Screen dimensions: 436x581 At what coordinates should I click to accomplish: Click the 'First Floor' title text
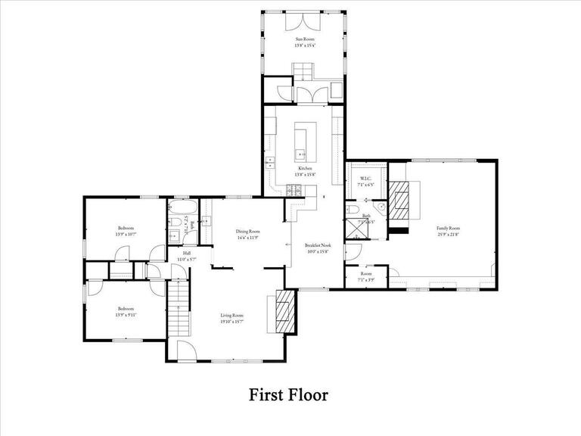(x=288, y=395)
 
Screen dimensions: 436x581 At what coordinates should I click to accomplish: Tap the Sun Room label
(x=304, y=42)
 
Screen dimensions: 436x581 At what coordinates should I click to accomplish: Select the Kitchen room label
(x=305, y=171)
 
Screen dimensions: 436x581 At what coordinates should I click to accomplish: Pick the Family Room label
(x=448, y=231)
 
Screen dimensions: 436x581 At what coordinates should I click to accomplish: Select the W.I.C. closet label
(x=365, y=181)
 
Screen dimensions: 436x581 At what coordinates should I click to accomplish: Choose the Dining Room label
(x=248, y=234)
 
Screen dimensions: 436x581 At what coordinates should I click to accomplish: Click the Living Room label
(x=231, y=318)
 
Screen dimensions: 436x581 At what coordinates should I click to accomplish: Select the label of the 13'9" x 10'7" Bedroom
(x=126, y=230)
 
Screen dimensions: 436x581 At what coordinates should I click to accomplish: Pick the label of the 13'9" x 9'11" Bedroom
(x=126, y=311)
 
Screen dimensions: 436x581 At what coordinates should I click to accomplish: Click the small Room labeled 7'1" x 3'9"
(x=365, y=276)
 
